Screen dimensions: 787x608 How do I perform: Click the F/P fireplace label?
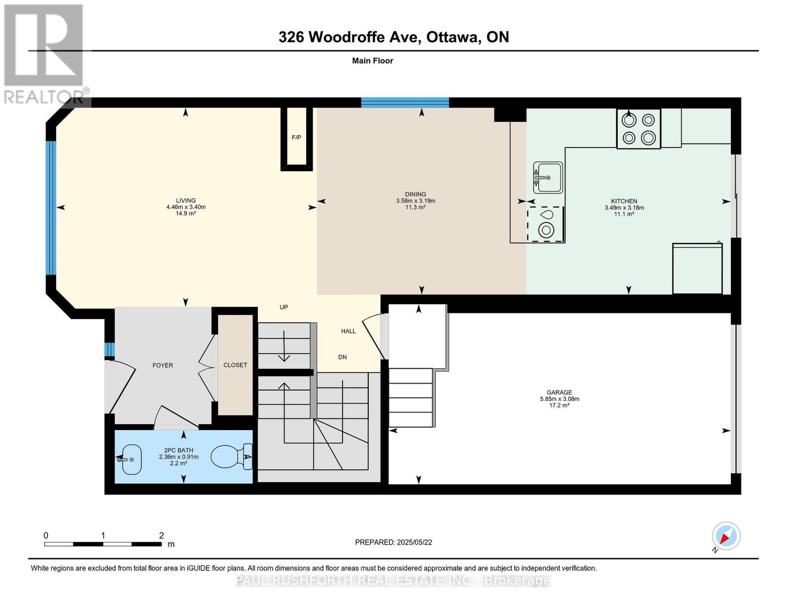296,137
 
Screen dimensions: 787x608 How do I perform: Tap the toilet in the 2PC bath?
232,457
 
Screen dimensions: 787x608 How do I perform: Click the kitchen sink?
548,177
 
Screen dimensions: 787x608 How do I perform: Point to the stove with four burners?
639,128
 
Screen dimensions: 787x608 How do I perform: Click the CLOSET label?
235,365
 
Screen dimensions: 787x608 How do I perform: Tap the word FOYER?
163,365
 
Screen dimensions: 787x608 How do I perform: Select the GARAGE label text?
559,392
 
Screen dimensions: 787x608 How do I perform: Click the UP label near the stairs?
284,307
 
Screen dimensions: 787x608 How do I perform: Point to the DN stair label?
342,357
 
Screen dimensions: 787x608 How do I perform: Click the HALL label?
348,331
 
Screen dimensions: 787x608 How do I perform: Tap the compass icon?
726,536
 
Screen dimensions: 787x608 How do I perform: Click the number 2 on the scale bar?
161,535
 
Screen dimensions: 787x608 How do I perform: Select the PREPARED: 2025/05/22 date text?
393,542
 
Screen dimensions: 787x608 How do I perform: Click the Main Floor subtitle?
372,61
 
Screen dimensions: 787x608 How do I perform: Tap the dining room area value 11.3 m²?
416,207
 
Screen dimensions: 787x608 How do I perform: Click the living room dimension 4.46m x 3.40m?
186,207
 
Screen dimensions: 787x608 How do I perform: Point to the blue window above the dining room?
405,102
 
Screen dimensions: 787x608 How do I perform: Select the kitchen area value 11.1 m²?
624,214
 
